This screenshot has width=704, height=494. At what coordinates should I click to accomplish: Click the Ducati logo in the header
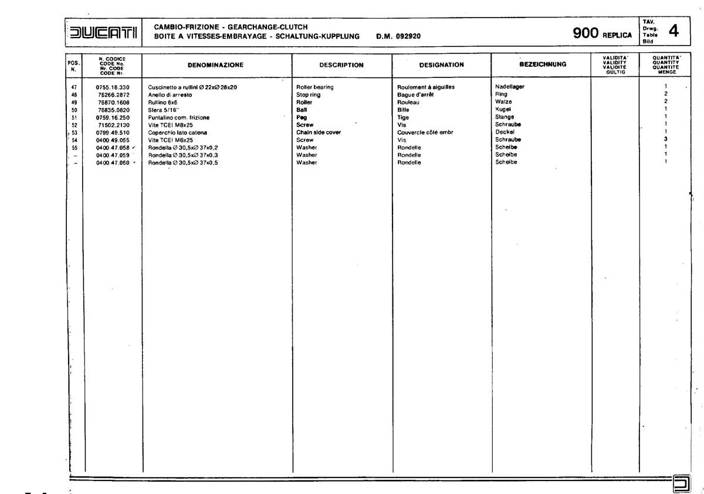click(103, 33)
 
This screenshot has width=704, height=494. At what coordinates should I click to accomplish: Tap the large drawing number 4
click(673, 31)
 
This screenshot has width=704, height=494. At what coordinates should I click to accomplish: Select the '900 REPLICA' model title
click(603, 34)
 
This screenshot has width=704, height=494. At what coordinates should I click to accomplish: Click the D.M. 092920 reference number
click(398, 36)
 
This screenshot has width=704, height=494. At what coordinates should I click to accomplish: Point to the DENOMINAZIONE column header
click(215, 65)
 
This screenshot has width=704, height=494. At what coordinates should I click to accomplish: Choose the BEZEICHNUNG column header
click(543, 64)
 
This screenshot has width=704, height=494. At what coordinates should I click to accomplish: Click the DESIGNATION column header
click(441, 65)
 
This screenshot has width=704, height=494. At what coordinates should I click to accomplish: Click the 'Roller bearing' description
click(315, 87)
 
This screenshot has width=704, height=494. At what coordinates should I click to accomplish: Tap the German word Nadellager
click(510, 87)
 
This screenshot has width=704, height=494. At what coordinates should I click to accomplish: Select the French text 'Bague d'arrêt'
click(415, 94)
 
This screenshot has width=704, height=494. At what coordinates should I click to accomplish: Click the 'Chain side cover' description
click(319, 132)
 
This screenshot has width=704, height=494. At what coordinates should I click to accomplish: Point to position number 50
click(74, 110)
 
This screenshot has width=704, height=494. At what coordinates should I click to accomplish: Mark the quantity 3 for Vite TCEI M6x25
click(666, 139)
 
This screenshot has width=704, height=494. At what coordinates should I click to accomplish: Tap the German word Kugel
click(504, 109)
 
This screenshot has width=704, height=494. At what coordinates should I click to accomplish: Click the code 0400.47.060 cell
click(113, 162)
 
